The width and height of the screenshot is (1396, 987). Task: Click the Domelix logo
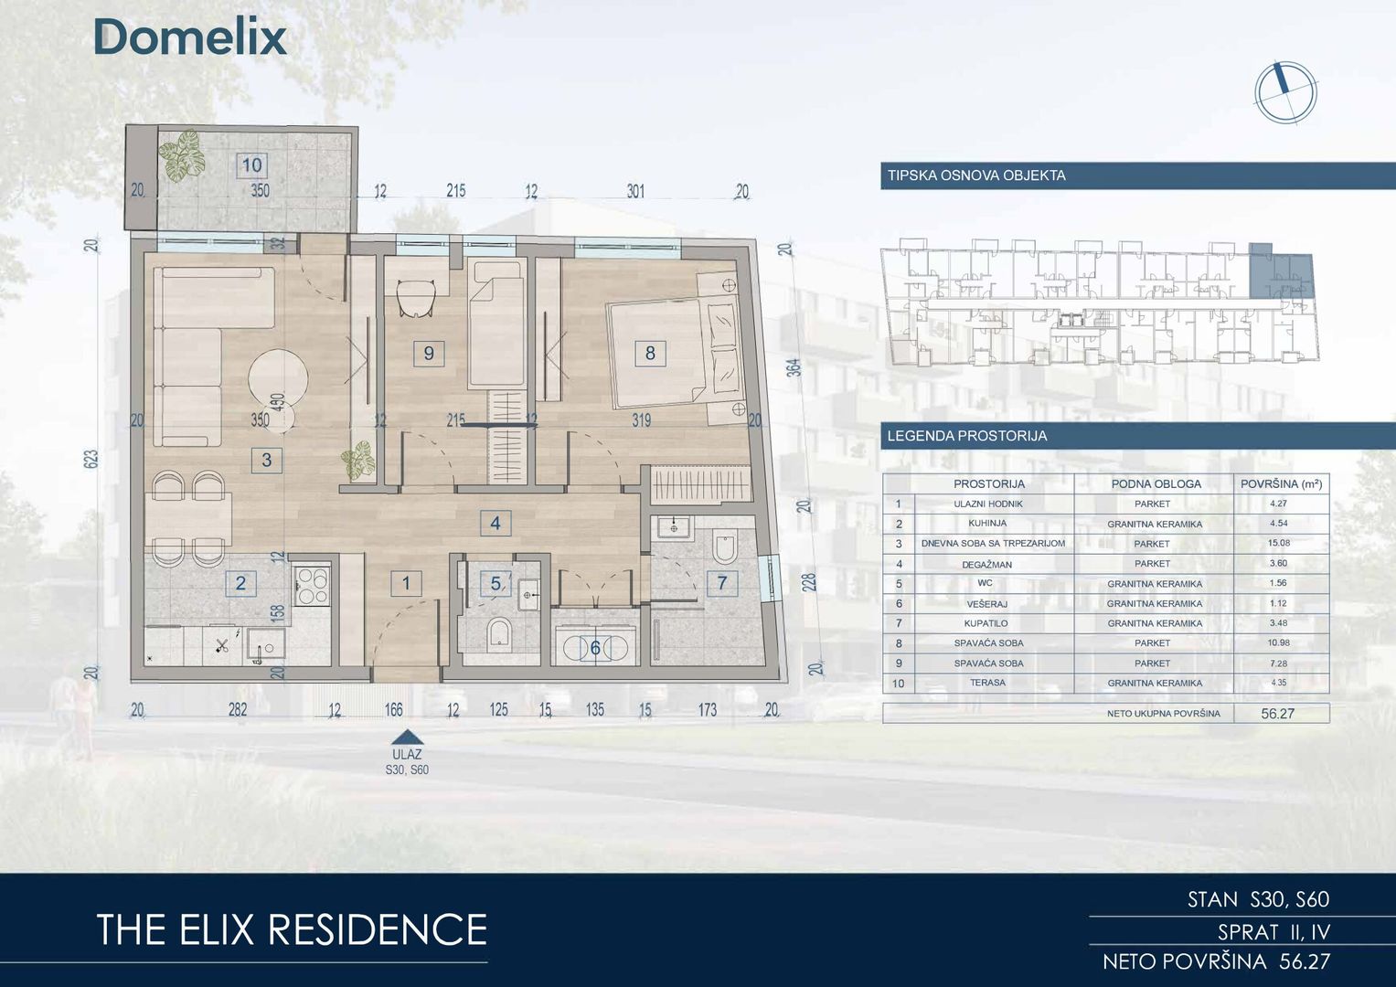(x=190, y=37)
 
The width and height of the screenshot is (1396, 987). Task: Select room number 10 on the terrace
(x=251, y=165)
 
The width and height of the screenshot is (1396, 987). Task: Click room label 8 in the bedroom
(x=650, y=354)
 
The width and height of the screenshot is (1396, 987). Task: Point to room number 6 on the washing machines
(x=595, y=648)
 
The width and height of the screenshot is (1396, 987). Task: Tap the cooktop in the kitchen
(x=313, y=586)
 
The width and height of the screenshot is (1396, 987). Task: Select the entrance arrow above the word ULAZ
(x=408, y=738)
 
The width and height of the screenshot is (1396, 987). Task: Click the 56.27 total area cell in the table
(x=1277, y=714)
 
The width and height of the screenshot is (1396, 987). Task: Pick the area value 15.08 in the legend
(x=1279, y=543)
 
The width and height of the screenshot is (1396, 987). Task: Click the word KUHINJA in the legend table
(x=987, y=523)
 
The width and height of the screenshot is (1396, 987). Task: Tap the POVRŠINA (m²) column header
(x=1282, y=483)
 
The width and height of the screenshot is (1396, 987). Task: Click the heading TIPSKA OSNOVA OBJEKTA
(x=976, y=175)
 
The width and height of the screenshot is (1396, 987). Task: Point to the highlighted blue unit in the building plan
(x=1282, y=272)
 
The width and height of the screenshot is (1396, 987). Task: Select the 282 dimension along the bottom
(x=238, y=709)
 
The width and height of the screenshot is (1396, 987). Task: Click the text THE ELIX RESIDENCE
(x=292, y=929)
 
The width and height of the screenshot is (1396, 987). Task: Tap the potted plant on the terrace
(x=181, y=155)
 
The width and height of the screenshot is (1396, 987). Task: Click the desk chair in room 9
(x=416, y=298)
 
